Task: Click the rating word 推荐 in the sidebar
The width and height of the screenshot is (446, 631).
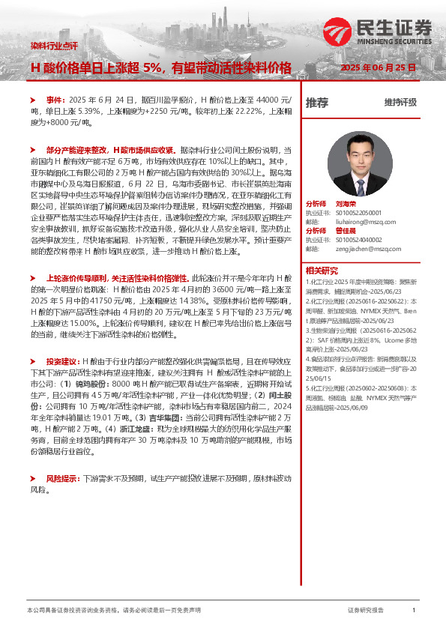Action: (317, 103)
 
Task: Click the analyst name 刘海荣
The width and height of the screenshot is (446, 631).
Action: (346, 203)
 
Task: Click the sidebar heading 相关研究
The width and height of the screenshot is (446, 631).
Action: (322, 270)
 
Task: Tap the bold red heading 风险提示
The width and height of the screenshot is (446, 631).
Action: (62, 477)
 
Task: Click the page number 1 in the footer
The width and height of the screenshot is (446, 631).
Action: (414, 611)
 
